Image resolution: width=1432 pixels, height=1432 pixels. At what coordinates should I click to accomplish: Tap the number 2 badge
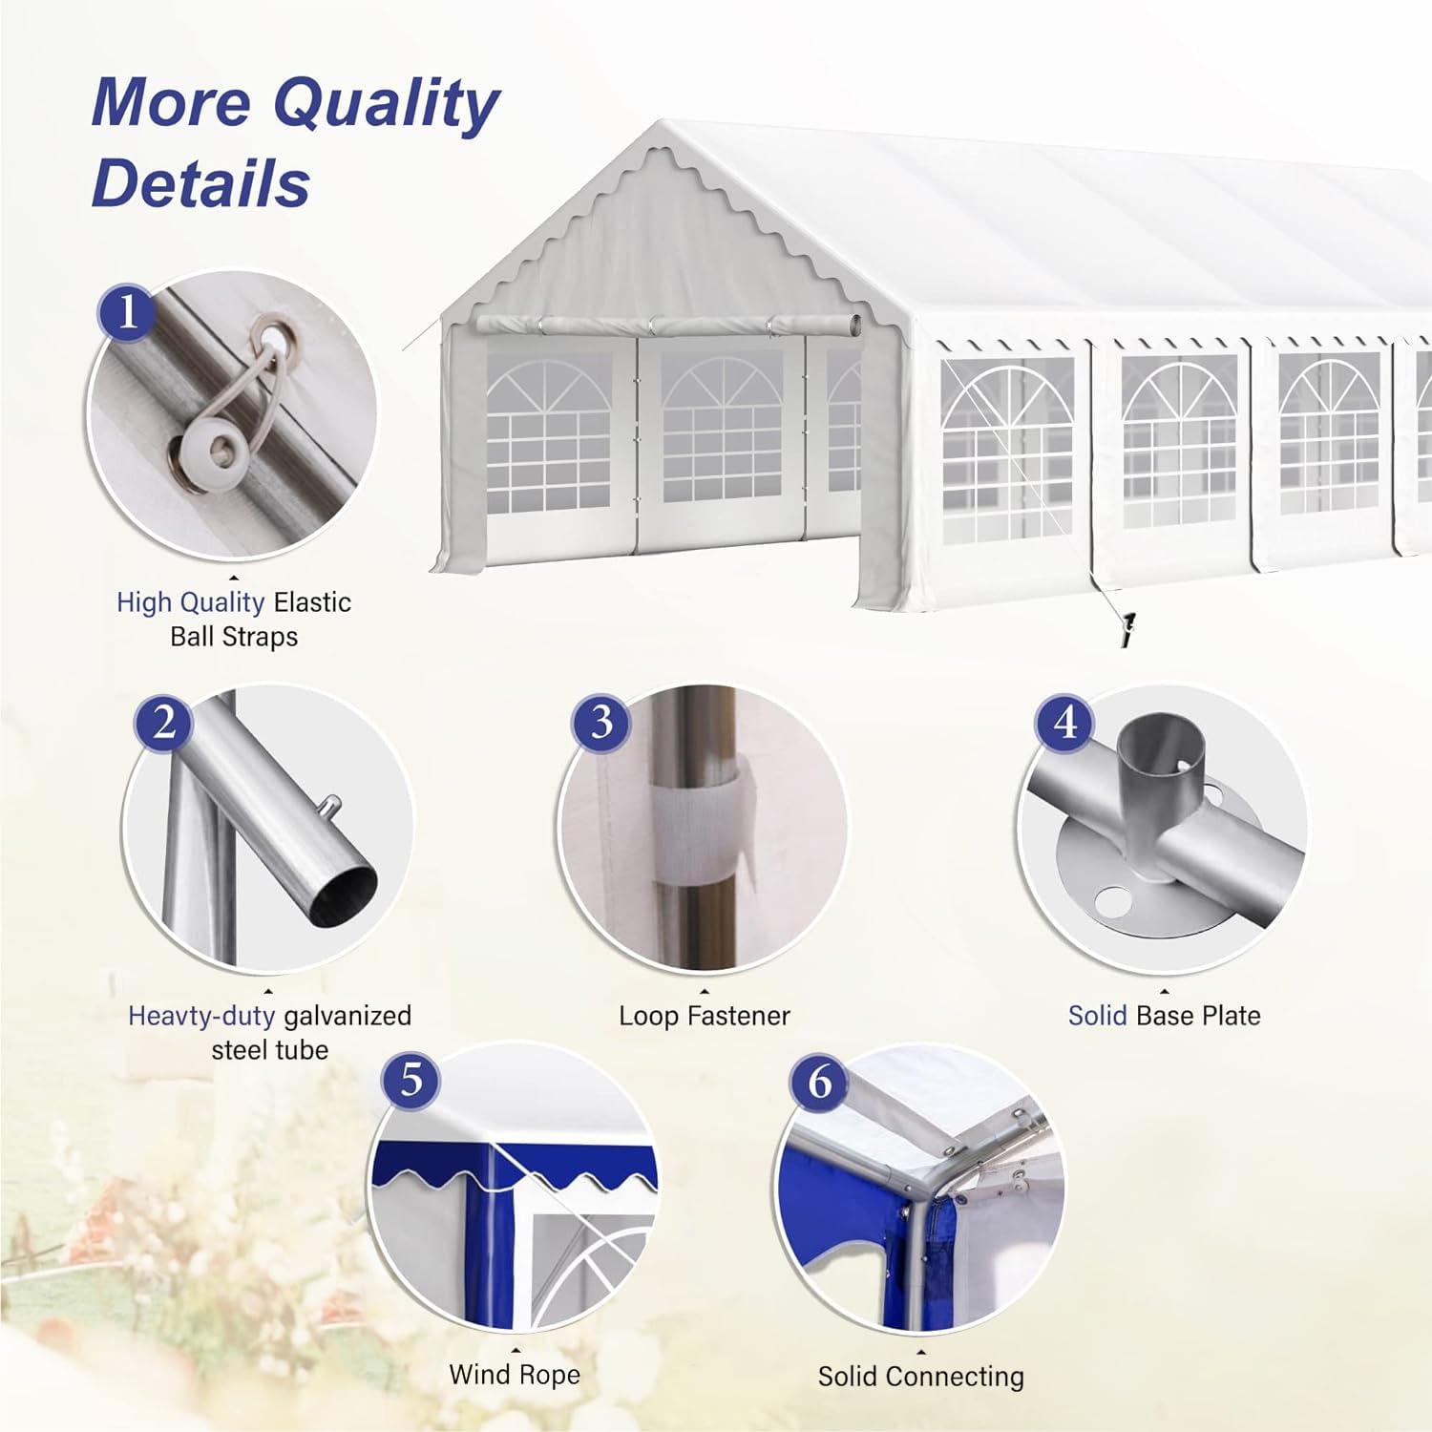[x=164, y=722]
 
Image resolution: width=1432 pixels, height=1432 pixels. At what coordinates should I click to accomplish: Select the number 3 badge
[x=601, y=722]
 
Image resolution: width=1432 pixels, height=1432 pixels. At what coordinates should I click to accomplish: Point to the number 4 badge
[x=1066, y=722]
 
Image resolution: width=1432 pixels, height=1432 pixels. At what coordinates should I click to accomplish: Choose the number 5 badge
[x=411, y=1080]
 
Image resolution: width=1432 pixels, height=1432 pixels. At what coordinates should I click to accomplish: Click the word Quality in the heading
[x=386, y=104]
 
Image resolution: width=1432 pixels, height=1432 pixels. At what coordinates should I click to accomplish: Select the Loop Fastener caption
[x=705, y=1016]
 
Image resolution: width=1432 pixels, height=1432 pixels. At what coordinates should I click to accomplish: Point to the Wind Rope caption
[x=515, y=1375]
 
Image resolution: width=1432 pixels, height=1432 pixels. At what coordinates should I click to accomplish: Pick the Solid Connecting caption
[x=921, y=1378]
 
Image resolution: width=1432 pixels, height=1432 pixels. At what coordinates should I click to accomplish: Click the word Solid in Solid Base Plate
[x=1098, y=1016]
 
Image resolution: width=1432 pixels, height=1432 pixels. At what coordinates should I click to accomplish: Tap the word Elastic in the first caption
[x=312, y=602]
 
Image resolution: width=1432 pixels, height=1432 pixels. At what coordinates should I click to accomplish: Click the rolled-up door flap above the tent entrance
[x=668, y=325]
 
